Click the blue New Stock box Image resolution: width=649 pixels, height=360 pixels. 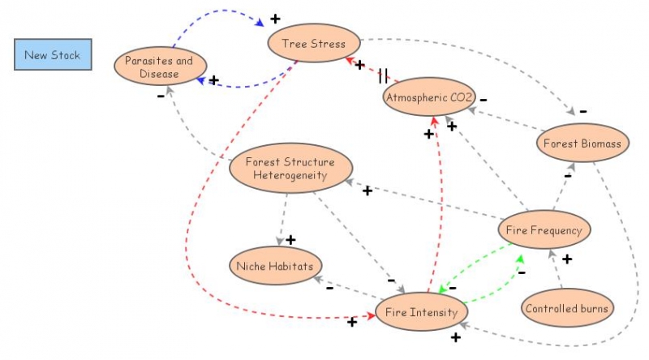pyautogui.click(x=53, y=54)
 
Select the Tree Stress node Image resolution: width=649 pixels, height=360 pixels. pyautogui.click(x=314, y=43)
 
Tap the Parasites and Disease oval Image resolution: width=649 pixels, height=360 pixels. pyautogui.click(x=160, y=66)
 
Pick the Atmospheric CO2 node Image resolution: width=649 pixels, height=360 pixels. pyautogui.click(x=429, y=96)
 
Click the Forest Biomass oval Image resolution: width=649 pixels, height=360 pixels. pyautogui.click(x=582, y=143)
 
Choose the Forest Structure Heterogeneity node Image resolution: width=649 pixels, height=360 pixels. pyautogui.click(x=291, y=168)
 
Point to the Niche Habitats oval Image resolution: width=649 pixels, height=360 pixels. pyautogui.click(x=276, y=266)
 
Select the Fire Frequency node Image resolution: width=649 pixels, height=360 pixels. pyautogui.click(x=544, y=229)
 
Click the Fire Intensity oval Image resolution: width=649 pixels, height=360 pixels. pyautogui.click(x=422, y=311)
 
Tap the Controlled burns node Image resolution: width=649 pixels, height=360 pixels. pyautogui.click(x=567, y=308)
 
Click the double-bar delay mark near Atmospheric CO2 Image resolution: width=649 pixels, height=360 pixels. pyautogui.click(x=383, y=76)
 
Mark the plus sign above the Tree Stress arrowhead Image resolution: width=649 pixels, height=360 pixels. pyautogui.click(x=275, y=19)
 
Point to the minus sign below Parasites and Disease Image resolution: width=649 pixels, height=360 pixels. pyautogui.click(x=161, y=96)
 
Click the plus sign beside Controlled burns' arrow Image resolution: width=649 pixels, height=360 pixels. pyautogui.click(x=567, y=259)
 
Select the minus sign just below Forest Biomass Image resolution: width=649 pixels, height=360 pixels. pyautogui.click(x=568, y=176)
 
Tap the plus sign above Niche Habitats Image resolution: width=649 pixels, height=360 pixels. pyautogui.click(x=290, y=239)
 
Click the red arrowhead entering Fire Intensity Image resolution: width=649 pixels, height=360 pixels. pyautogui.click(x=372, y=315)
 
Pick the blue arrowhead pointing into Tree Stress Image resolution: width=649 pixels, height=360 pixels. pyautogui.click(x=260, y=23)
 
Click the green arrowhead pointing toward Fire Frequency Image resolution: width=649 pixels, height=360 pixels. pyautogui.click(x=520, y=259)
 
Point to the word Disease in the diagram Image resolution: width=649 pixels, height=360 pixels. pyautogui.click(x=159, y=74)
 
